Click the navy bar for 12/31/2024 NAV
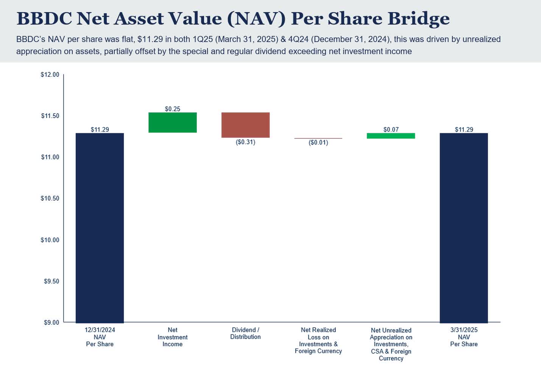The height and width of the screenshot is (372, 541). [x=100, y=227]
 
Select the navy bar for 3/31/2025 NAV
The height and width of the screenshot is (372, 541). [x=463, y=227]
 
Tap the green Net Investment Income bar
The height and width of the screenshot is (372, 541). [x=172, y=122]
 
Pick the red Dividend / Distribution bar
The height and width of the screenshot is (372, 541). [x=245, y=125]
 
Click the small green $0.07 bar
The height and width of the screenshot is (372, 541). [x=391, y=136]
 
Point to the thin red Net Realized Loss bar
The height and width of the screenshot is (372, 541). [x=318, y=139]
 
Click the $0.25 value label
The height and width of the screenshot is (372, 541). [x=172, y=109]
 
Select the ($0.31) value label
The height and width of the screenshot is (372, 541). [x=245, y=142]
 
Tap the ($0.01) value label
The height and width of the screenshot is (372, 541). [x=318, y=143]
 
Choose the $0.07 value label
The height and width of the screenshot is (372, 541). [x=391, y=129]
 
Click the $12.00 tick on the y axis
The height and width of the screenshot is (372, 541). [x=50, y=75]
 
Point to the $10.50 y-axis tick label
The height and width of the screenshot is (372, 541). [x=50, y=198]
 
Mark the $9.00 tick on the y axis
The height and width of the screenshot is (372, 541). [x=51, y=322]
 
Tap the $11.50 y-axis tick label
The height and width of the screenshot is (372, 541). [x=50, y=116]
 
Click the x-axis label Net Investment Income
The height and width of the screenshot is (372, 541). [x=172, y=337]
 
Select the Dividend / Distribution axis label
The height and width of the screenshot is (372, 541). [x=245, y=333]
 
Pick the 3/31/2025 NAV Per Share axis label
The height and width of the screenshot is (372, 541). [x=464, y=337]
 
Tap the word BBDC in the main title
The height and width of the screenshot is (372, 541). [x=44, y=18]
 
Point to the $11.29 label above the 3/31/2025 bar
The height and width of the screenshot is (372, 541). [x=464, y=129]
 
